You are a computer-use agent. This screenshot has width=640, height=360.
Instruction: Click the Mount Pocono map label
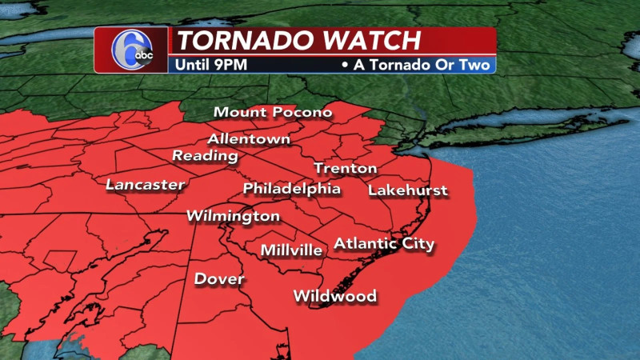click(272, 112)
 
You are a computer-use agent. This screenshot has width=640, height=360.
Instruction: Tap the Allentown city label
click(249, 138)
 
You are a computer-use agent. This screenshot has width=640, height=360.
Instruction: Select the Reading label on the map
click(205, 155)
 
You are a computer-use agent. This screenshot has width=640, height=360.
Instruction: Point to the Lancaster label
click(145, 185)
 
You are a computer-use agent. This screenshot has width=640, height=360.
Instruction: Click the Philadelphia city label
click(291, 189)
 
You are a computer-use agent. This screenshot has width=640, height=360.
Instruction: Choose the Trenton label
click(345, 168)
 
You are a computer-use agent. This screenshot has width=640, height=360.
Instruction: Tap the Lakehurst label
click(407, 190)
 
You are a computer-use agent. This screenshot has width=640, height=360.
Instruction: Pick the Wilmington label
click(233, 216)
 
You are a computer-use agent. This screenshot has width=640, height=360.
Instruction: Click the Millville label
click(291, 250)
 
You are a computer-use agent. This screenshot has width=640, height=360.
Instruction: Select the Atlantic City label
click(383, 243)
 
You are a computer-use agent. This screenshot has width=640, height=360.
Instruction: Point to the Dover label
click(219, 279)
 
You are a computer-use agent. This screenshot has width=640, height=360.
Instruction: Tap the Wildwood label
click(334, 296)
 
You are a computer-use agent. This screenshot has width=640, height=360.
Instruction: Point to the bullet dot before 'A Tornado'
click(344, 64)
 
